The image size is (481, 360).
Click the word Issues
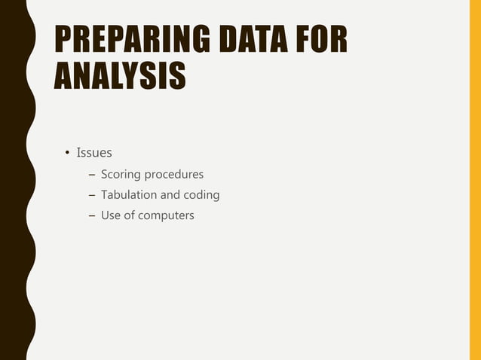pos(94,154)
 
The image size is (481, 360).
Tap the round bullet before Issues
pos(66,154)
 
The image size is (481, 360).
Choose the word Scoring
pos(121,175)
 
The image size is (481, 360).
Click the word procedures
pos(174,175)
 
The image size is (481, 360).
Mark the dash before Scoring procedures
pos(93,175)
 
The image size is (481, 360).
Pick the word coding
pos(201,195)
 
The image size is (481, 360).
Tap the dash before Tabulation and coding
pos(93,195)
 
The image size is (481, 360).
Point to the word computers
pos(166,215)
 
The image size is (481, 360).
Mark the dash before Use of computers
pos(93,215)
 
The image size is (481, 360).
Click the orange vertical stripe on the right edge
pos(475,181)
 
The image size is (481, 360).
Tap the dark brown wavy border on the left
pos(14,181)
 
